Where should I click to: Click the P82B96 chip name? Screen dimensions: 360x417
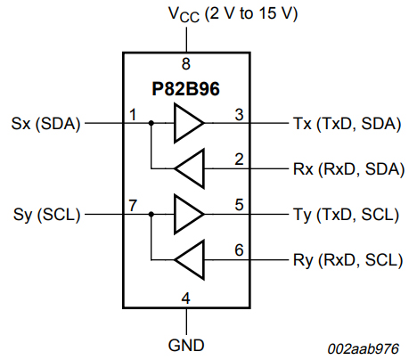pos(185,90)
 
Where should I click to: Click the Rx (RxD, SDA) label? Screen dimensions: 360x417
pos(348,168)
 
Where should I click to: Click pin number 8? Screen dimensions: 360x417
pos(185,64)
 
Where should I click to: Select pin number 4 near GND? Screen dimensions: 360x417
pos(185,298)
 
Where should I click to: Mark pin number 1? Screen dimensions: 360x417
pos(132,114)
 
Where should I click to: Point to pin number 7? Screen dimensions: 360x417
pos(132,206)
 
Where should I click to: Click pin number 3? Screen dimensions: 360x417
pos(239,114)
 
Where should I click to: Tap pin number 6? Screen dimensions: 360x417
pos(239,250)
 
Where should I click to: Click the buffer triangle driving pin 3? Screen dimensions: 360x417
pos(187,123)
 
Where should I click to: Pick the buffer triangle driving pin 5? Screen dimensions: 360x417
pos(187,215)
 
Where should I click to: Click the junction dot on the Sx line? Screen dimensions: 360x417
pos(151,123)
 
